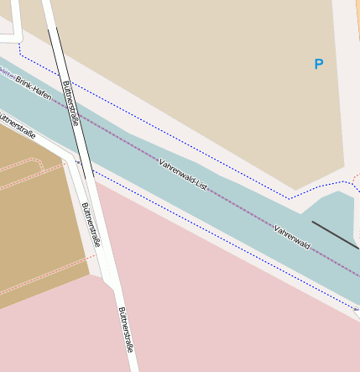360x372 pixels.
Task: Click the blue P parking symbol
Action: click(x=318, y=64)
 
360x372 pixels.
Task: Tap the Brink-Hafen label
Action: click(x=34, y=90)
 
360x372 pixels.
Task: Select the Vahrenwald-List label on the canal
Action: click(x=182, y=173)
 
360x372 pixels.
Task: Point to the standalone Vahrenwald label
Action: click(x=292, y=236)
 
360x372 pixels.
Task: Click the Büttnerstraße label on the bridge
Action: click(x=70, y=102)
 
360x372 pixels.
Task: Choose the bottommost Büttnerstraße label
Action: click(x=125, y=328)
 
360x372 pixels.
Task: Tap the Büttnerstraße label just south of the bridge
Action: click(x=91, y=224)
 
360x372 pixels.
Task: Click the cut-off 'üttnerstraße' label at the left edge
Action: click(x=18, y=126)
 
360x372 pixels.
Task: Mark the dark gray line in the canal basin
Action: click(x=335, y=234)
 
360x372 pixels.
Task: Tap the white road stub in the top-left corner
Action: click(x=8, y=35)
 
